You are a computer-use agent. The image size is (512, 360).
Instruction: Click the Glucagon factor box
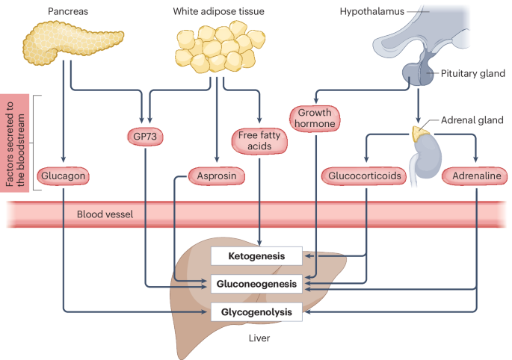point(63,176)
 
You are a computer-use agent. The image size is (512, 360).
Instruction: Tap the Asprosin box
point(216,176)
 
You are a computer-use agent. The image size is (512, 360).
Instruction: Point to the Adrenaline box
point(475,176)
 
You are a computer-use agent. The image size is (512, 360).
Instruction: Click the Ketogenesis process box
point(256,256)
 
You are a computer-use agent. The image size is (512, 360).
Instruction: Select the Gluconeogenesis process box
point(256,284)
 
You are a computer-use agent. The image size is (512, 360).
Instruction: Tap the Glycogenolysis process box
point(256,310)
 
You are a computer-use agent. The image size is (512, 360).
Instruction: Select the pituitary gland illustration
point(419,72)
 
